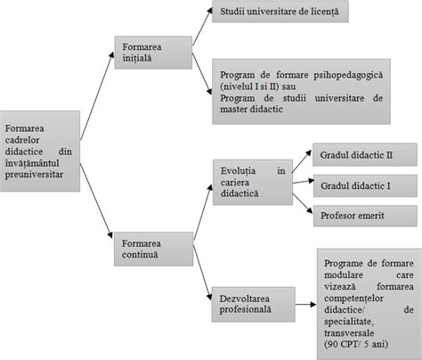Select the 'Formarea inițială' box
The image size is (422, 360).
[x=152, y=53]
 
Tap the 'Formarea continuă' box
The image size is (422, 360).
[x=152, y=249]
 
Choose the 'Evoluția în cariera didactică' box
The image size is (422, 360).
[x=252, y=181]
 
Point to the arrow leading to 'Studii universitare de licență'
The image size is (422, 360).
[x=200, y=25]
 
